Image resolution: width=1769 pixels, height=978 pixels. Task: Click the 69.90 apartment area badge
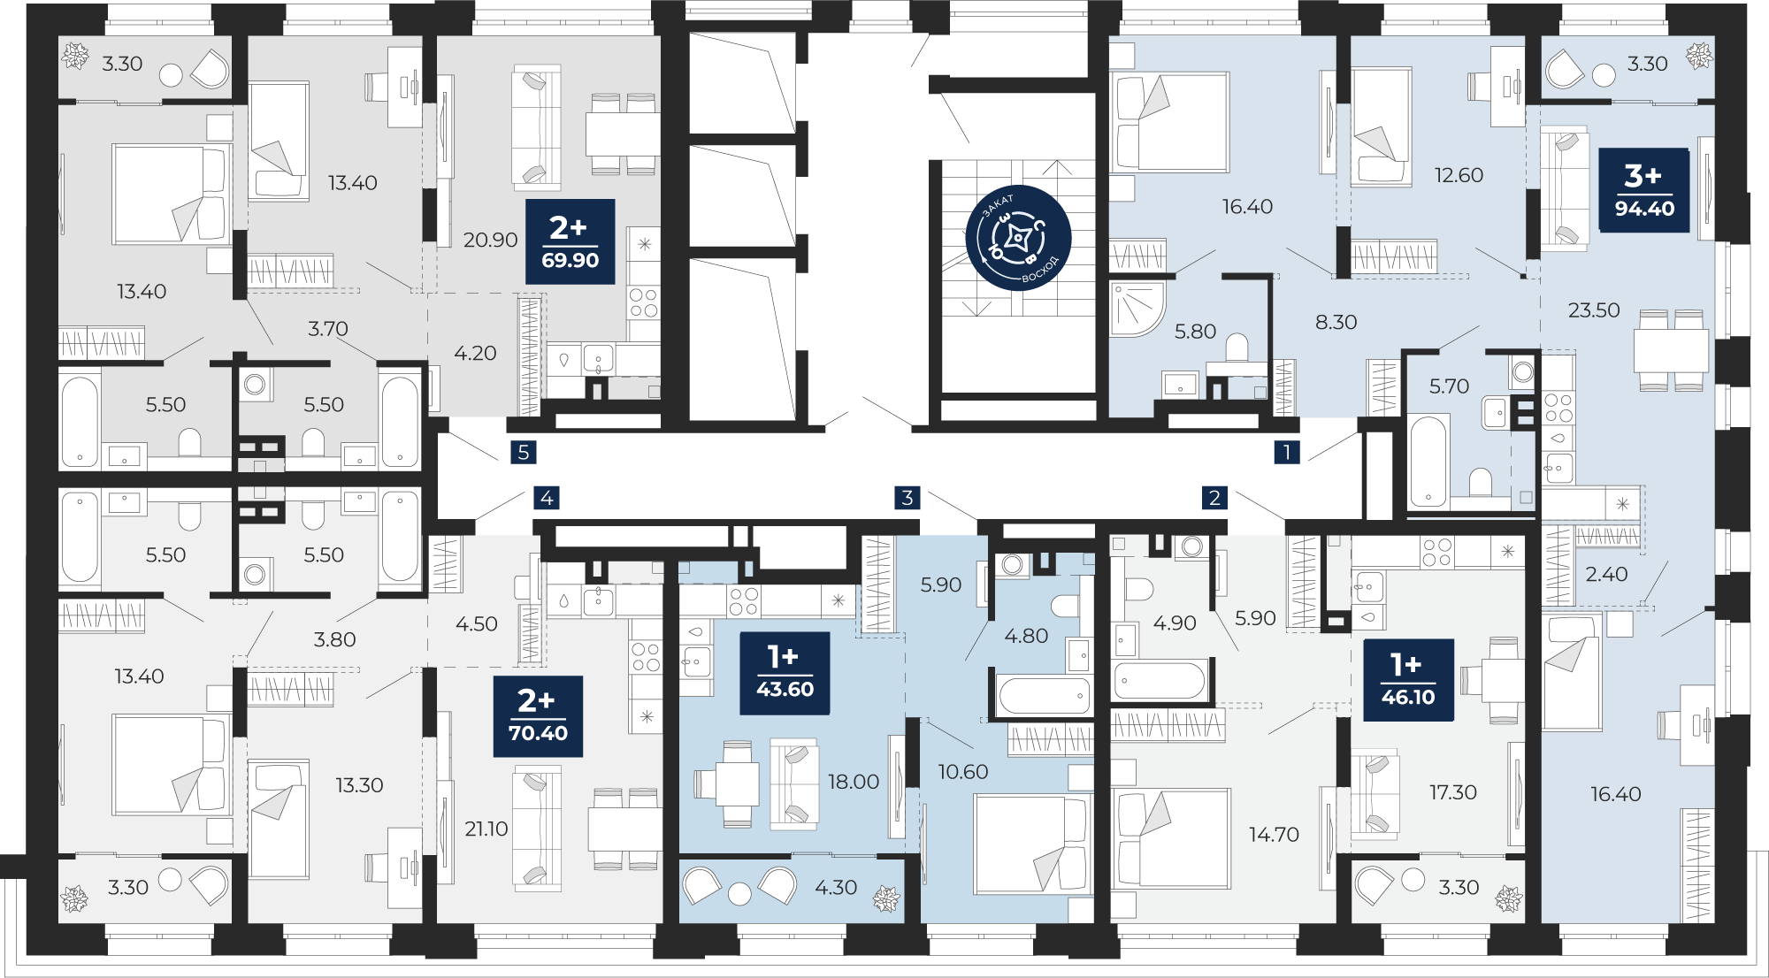[x=571, y=241]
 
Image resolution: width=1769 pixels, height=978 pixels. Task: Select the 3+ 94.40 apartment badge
[x=1644, y=190]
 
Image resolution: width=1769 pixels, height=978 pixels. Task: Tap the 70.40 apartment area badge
[x=538, y=716]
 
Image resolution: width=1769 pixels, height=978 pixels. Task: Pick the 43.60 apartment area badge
[x=785, y=673]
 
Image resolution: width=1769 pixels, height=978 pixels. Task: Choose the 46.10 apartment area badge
[x=1408, y=680]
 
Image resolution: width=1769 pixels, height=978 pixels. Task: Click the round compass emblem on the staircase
[x=1018, y=238]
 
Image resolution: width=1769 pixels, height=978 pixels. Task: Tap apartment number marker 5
[x=524, y=453]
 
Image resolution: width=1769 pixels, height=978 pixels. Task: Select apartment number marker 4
[x=547, y=498]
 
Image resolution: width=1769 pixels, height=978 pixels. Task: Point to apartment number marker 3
[x=907, y=498]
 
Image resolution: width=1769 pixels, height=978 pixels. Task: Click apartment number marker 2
[x=1214, y=498]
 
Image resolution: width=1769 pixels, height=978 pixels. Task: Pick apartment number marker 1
[x=1287, y=453]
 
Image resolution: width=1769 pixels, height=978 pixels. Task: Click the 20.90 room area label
[x=490, y=240]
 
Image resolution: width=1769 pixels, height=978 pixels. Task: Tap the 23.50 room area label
[x=1594, y=310]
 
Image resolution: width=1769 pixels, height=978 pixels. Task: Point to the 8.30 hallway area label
[x=1336, y=322]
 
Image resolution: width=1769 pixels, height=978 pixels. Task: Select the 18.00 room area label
[x=854, y=782]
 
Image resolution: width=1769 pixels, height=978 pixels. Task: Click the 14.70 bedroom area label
[x=1274, y=835]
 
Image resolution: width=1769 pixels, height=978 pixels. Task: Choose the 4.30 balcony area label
[x=836, y=887]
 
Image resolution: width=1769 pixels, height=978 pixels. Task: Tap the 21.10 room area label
[x=486, y=829]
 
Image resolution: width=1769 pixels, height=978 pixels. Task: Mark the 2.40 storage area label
[x=1606, y=575]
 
